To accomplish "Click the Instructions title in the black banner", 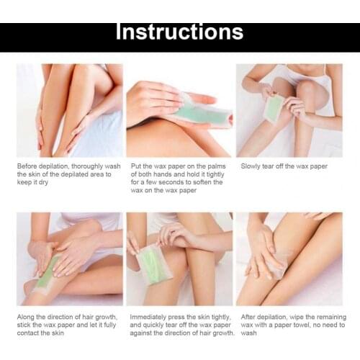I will tap(180, 32).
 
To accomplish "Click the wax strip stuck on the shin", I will tap(45, 272).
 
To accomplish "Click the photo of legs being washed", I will tap(70, 110).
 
